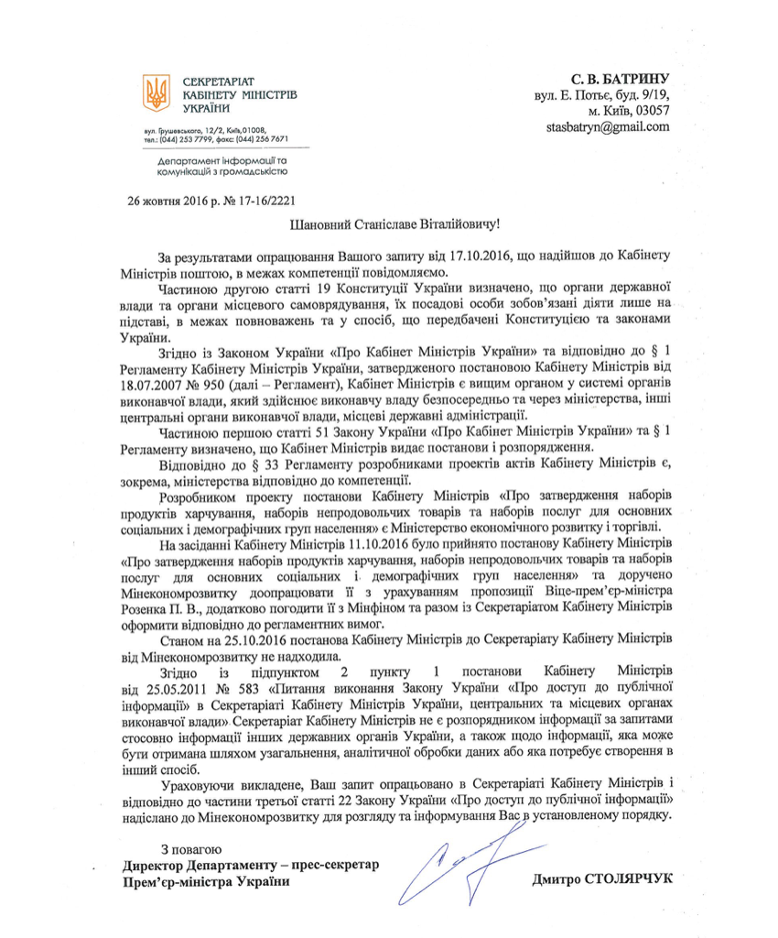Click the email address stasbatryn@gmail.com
pos(607,126)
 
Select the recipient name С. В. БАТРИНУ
pos(620,78)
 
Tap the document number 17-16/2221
pos(265,198)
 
